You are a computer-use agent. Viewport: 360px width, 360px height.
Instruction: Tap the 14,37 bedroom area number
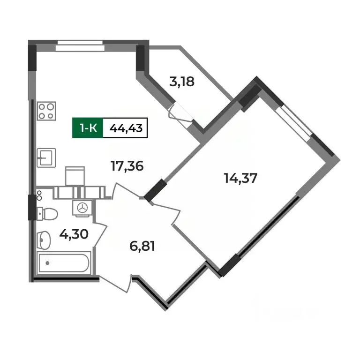click(240, 179)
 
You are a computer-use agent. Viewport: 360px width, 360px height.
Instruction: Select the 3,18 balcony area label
click(181, 82)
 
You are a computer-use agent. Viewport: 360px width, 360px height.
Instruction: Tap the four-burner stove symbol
click(47, 111)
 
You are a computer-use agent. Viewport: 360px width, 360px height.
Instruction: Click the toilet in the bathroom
click(47, 214)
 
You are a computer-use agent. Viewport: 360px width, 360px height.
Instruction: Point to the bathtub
click(64, 264)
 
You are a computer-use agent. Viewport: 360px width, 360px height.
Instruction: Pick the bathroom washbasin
click(44, 240)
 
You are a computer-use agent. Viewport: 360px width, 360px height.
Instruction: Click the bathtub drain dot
click(46, 263)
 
